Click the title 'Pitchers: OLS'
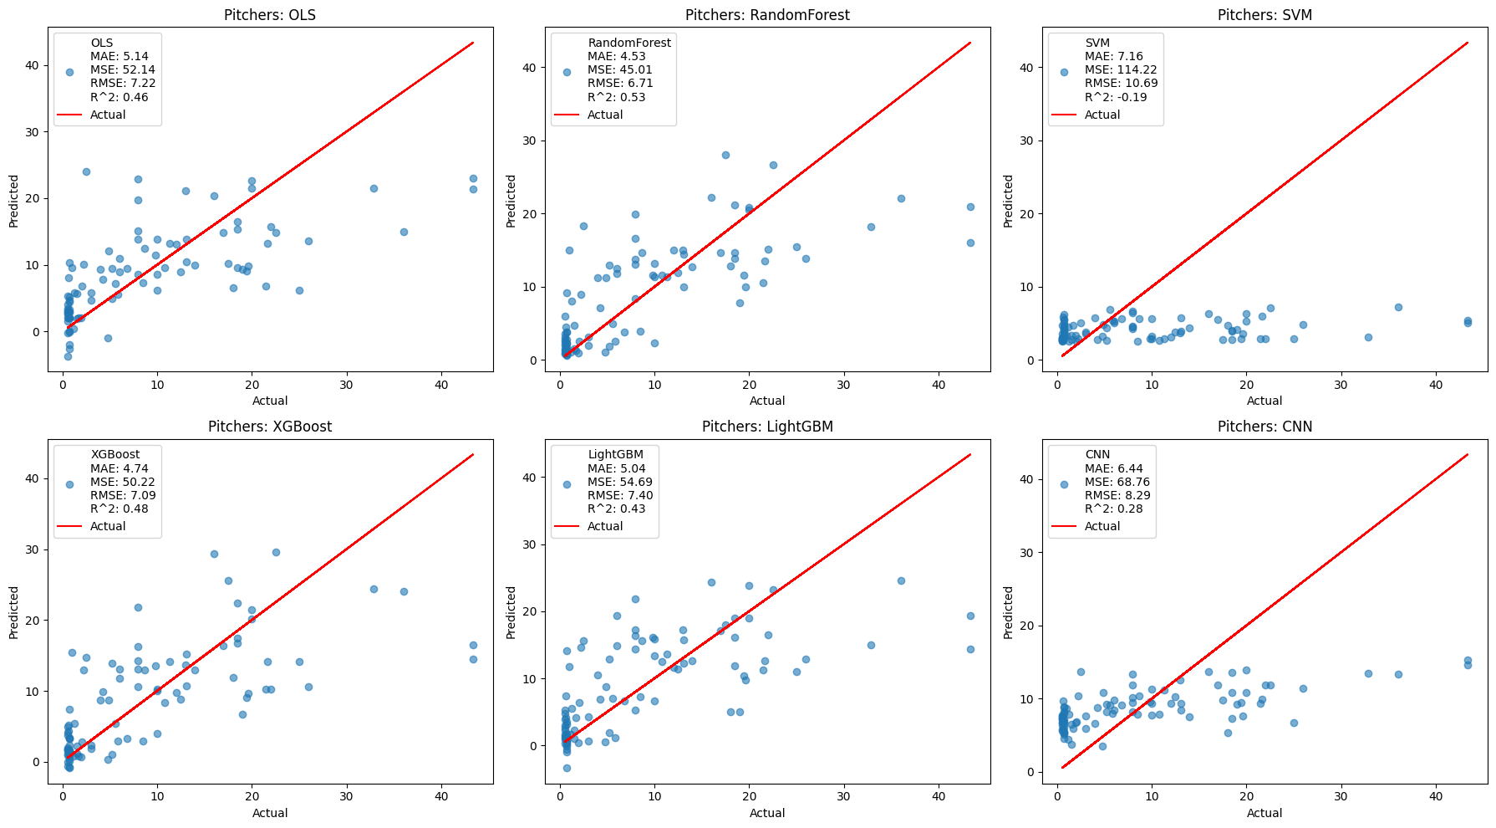click(270, 15)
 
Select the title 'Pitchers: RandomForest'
click(767, 15)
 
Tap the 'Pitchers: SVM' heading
click(1264, 15)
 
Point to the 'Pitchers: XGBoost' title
click(270, 427)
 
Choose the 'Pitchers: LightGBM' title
click(767, 427)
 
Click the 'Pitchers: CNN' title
click(1264, 427)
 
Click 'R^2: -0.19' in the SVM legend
click(1116, 97)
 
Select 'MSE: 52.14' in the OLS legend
click(123, 69)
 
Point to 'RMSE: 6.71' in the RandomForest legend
click(620, 84)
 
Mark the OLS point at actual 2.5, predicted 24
click(86, 171)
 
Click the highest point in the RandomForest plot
click(725, 155)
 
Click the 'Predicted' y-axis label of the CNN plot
click(1009, 612)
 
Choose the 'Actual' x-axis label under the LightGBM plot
click(767, 813)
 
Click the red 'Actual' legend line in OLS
click(69, 115)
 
